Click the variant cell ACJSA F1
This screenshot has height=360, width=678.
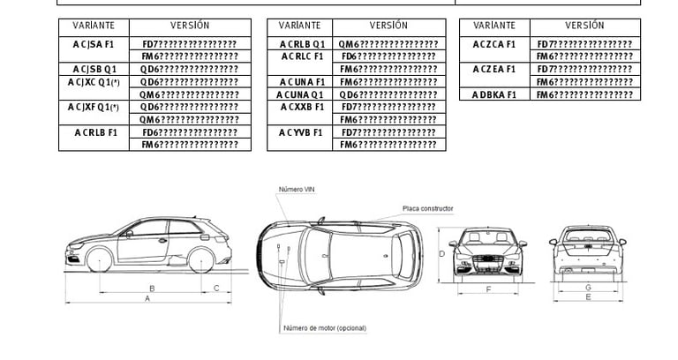tap(93, 43)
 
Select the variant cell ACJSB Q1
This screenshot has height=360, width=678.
tap(93, 69)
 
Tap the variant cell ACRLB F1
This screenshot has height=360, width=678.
tap(93, 132)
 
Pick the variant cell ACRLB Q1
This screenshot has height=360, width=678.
tap(303, 43)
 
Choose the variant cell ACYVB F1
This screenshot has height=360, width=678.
tap(303, 132)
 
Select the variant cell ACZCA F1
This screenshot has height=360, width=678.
tap(493, 43)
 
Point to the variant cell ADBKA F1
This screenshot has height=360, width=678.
tap(493, 94)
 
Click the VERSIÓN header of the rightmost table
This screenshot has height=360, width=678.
tap(584, 26)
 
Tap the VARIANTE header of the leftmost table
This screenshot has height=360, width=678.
tap(93, 26)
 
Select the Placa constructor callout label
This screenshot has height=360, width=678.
tap(427, 208)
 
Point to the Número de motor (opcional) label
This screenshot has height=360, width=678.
tap(324, 328)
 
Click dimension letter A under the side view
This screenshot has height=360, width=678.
tap(148, 299)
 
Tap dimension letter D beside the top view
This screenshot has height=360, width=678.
tap(441, 254)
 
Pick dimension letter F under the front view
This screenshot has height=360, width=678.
tap(488, 289)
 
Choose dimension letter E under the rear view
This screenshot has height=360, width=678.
tap(588, 298)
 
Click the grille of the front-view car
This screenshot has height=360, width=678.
tap(488, 261)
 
